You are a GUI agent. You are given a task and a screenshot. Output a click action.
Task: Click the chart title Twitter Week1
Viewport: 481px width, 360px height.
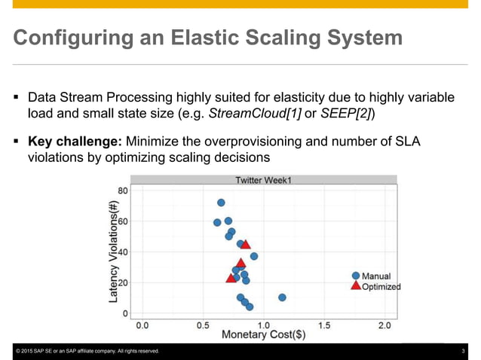pos(263,180)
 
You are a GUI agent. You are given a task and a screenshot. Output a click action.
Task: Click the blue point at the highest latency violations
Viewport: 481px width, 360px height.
pos(221,203)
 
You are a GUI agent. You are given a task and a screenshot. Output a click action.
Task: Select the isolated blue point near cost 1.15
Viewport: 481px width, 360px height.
pos(282,297)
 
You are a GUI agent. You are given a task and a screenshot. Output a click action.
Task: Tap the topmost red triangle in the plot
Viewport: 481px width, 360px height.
pos(245,245)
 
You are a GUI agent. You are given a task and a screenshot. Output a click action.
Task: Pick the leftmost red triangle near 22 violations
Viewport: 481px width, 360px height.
pos(231,279)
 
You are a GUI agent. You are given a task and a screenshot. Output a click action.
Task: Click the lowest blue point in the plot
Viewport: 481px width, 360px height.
pos(250,307)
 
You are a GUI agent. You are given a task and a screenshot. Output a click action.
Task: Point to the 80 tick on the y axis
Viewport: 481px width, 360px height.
pos(121,191)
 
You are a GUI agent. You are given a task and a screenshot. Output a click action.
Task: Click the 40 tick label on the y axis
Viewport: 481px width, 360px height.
pos(121,252)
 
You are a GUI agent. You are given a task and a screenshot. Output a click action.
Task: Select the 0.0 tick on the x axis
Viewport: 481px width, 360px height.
pos(142,325)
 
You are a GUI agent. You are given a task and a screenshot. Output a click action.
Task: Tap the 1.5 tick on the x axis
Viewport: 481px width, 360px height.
pos(324,325)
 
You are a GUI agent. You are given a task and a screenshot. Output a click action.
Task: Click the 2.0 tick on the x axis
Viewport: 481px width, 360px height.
pos(384,325)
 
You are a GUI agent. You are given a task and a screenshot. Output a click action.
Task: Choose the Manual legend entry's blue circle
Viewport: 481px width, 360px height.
pos(356,276)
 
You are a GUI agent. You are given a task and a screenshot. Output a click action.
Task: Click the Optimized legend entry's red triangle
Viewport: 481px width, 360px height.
pos(356,285)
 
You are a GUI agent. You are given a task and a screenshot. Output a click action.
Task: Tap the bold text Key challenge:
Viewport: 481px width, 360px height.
pos(75,142)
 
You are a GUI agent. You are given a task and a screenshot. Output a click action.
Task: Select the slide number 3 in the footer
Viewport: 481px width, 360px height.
pos(462,352)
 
